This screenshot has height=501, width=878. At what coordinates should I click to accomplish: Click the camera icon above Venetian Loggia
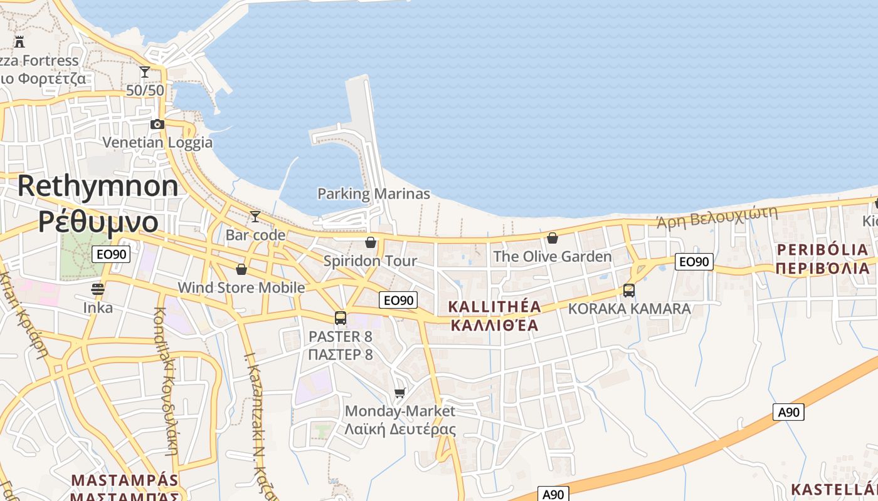157,124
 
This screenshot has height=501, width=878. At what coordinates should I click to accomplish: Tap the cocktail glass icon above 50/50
145,72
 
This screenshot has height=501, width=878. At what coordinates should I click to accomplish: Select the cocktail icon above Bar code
255,217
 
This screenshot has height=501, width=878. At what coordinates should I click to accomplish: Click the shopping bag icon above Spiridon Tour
371,242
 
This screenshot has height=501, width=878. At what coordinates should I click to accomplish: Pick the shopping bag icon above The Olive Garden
553,238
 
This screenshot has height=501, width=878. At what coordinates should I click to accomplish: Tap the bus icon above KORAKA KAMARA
629,291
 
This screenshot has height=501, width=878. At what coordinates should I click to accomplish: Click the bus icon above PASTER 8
341,318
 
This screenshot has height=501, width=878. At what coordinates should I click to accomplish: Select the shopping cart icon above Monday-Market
400,393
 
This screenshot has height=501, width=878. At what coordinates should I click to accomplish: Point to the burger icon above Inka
98,289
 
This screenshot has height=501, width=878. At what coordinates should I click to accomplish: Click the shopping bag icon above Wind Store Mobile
241,269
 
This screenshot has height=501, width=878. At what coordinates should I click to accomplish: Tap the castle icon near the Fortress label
19,42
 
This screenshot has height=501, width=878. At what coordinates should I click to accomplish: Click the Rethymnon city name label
98,187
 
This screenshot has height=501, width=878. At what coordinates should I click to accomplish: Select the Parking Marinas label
374,194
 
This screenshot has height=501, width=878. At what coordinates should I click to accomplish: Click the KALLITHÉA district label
495,307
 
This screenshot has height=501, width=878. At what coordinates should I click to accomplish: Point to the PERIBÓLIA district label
823,250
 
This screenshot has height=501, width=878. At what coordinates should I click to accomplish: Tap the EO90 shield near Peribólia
694,262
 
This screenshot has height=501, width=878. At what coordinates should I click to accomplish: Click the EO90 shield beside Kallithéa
398,300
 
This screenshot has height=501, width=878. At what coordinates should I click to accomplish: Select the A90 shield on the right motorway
788,412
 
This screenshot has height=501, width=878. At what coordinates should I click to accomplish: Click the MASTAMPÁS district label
125,480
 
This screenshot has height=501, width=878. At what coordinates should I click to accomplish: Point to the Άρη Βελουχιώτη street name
717,217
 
